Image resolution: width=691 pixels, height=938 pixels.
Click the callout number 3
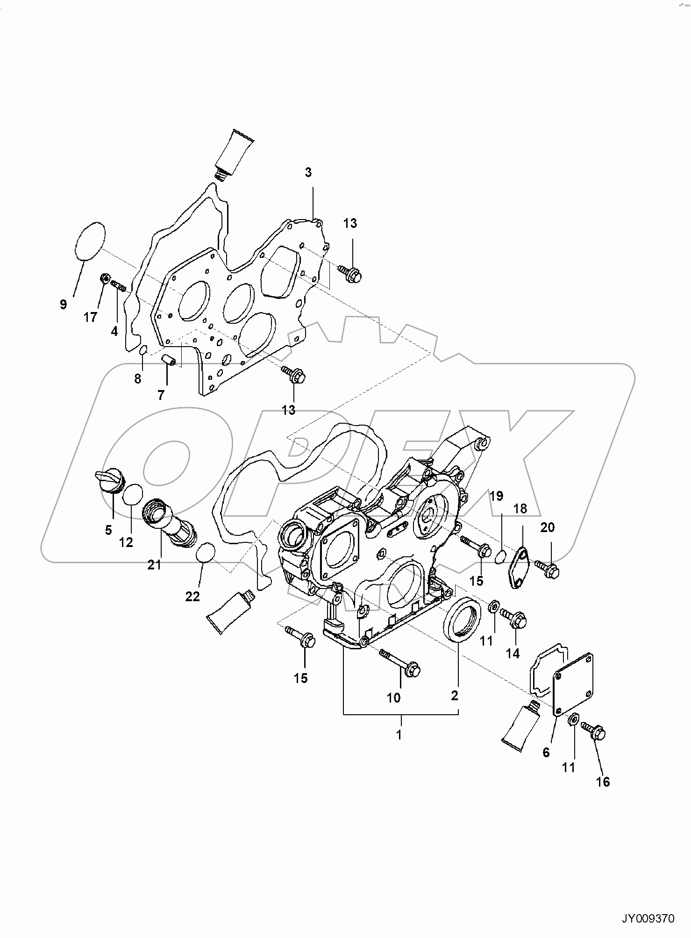308,172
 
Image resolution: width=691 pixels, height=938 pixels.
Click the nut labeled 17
105,279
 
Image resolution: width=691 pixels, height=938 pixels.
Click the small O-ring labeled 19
501,557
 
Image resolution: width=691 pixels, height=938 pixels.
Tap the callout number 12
126,542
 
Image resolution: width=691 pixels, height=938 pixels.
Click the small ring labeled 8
144,350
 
